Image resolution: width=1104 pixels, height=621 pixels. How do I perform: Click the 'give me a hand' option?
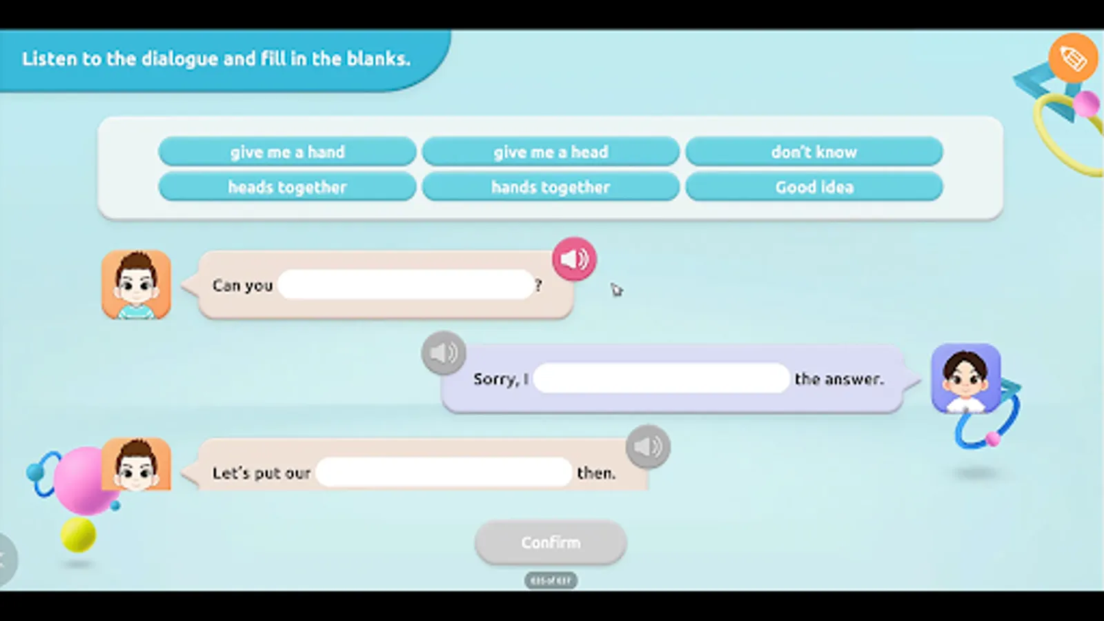pos(287,152)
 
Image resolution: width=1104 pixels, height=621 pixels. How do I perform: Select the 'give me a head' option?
pos(551,152)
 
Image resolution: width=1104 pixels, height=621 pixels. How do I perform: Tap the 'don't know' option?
pos(814,152)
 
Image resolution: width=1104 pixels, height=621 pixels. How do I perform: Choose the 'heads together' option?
pos(287,187)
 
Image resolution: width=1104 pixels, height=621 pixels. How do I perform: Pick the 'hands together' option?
pos(551,187)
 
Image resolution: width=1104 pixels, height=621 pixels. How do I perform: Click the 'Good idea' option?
pos(814,187)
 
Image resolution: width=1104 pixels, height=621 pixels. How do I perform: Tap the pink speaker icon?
pos(574,259)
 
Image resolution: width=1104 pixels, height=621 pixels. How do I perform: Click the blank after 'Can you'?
pos(406,284)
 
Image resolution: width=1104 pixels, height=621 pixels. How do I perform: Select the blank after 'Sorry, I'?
pos(661,378)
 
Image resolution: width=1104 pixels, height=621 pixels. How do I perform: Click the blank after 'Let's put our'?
pos(444,473)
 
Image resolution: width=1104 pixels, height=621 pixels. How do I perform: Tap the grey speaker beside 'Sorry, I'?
pos(443,353)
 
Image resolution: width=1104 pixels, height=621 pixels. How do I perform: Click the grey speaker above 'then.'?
pos(647,446)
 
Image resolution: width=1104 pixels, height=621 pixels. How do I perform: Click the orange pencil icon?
pos(1072,58)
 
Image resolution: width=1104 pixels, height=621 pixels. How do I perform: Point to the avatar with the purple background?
pos(965,378)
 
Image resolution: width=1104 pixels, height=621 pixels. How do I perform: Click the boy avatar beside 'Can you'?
pos(137,284)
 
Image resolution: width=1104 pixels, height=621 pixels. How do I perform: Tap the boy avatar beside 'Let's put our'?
pos(137,465)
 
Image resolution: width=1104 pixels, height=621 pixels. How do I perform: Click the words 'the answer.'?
pos(838,379)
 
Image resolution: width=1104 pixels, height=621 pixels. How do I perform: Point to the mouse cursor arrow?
pos(616,290)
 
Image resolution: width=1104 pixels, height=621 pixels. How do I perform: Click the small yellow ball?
pos(78,535)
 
